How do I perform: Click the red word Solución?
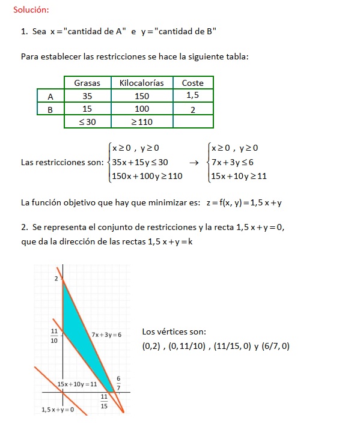pyautogui.click(x=31, y=10)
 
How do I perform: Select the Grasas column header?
pyautogui.click(x=87, y=83)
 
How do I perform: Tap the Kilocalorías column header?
pyautogui.click(x=142, y=83)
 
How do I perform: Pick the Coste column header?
pyautogui.click(x=193, y=83)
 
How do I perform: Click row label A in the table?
pyautogui.click(x=50, y=96)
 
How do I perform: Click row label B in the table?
pyautogui.click(x=50, y=109)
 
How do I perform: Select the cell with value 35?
pyautogui.click(x=87, y=96)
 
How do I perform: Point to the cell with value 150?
pyautogui.click(x=142, y=96)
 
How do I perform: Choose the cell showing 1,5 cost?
pyautogui.click(x=193, y=96)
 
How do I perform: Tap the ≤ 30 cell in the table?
pyautogui.click(x=87, y=122)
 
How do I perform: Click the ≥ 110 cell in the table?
pyautogui.click(x=142, y=122)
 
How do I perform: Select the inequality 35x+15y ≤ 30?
pyautogui.click(x=140, y=162)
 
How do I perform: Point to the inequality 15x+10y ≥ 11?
pyautogui.click(x=239, y=176)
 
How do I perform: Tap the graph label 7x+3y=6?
pyautogui.click(x=106, y=334)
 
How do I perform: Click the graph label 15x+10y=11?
pyautogui.click(x=77, y=384)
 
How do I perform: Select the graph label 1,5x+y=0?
pyautogui.click(x=58, y=410)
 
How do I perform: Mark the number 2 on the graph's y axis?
pyautogui.click(x=56, y=279)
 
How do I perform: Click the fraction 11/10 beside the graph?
pyautogui.click(x=55, y=335)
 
